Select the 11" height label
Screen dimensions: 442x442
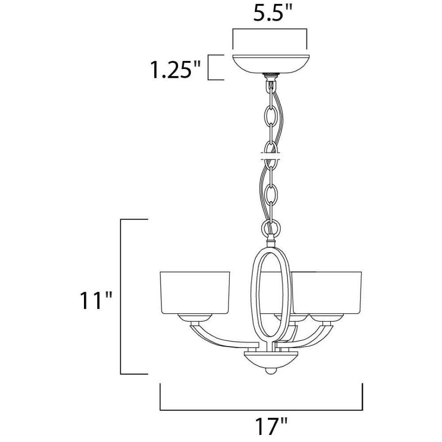(x=96, y=301)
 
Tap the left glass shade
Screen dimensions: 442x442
(x=195, y=293)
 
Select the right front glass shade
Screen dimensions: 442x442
(x=327, y=293)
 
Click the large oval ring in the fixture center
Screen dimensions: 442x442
(x=253, y=293)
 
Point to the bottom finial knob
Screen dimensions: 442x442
(x=271, y=370)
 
